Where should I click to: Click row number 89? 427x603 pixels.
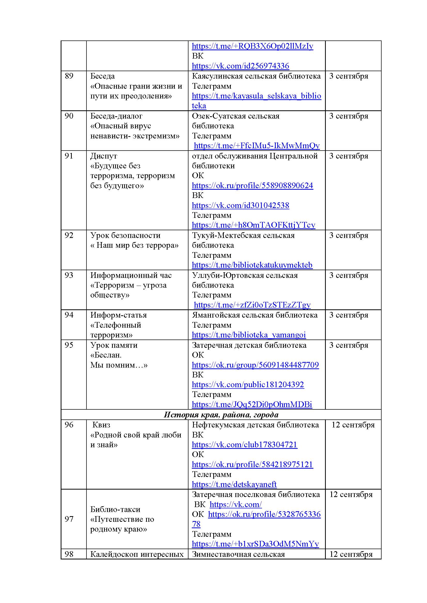point(69,76)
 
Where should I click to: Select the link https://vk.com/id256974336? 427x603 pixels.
point(240,66)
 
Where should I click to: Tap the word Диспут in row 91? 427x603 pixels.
point(104,156)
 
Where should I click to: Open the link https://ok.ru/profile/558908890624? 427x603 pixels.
point(252,186)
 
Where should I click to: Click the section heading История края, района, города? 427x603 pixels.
point(221,415)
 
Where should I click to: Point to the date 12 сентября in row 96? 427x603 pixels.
point(353,425)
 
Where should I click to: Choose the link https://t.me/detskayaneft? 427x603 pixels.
point(234,484)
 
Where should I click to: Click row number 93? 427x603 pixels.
point(69,275)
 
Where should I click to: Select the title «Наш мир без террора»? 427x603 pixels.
point(134,245)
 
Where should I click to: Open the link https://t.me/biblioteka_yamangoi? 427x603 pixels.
point(249,335)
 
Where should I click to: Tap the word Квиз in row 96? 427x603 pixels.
point(101,425)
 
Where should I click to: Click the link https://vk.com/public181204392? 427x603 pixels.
point(248,384)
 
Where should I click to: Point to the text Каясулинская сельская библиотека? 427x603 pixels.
point(256,76)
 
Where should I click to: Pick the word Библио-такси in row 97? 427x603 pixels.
point(115,509)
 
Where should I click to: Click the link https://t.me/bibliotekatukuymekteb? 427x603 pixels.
point(252,265)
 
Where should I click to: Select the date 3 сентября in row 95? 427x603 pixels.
point(349,345)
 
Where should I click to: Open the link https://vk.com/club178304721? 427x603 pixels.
point(244,445)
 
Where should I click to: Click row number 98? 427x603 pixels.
point(69,554)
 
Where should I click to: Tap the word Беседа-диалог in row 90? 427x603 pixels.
point(116,116)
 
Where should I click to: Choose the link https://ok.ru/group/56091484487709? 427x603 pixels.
point(255,365)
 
